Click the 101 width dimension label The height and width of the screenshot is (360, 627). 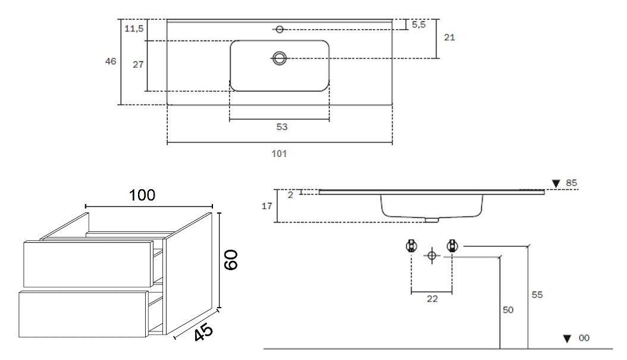tap(279, 154)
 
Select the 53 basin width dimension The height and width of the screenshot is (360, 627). tap(282, 127)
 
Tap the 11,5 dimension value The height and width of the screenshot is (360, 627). tap(134, 29)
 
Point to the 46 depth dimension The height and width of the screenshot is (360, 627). tap(111, 61)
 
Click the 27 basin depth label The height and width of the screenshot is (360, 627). tap(138, 64)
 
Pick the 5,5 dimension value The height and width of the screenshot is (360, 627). tap(419, 25)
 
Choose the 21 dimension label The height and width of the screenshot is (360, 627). tap(450, 37)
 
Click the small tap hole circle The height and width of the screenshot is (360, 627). tap(280, 29)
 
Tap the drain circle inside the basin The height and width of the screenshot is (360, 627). tap(280, 58)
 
